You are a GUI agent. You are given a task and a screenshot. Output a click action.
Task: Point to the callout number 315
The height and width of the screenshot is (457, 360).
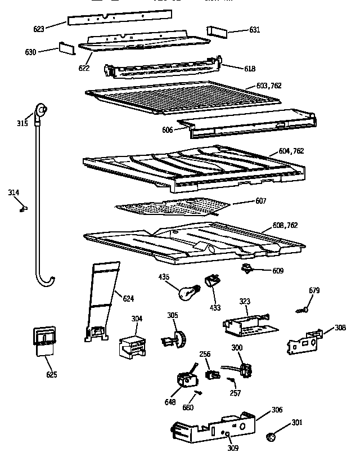tap(21, 123)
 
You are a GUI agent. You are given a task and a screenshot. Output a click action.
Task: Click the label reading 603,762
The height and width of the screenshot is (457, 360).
tap(268, 86)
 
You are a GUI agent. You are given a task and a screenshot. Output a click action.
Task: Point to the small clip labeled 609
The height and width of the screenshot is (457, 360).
tap(247, 268)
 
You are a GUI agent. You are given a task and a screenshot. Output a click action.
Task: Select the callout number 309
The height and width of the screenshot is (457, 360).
tap(232, 448)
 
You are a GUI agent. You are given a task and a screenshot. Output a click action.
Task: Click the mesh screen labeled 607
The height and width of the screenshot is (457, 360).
tap(172, 209)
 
